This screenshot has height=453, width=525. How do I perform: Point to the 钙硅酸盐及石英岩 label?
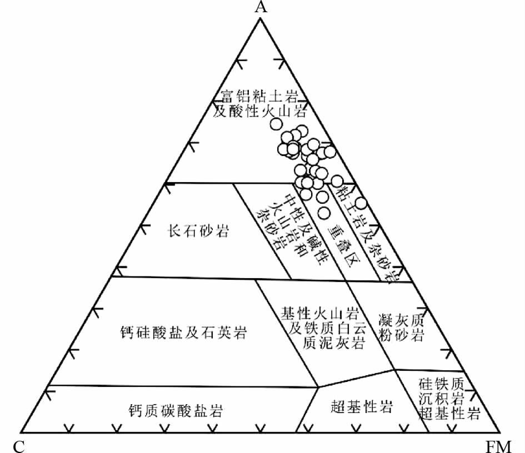pyautogui.click(x=183, y=333)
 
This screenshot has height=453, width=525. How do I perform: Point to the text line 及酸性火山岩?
pyautogui.click(x=260, y=112)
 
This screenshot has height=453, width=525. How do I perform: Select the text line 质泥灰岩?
pyautogui.click(x=333, y=343)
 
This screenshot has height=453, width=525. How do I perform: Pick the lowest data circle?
pyautogui.click(x=324, y=212)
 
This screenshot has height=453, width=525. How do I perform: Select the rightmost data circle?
pyautogui.click(x=361, y=203)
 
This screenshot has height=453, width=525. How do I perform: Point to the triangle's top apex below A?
pyautogui.click(x=259, y=18)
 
